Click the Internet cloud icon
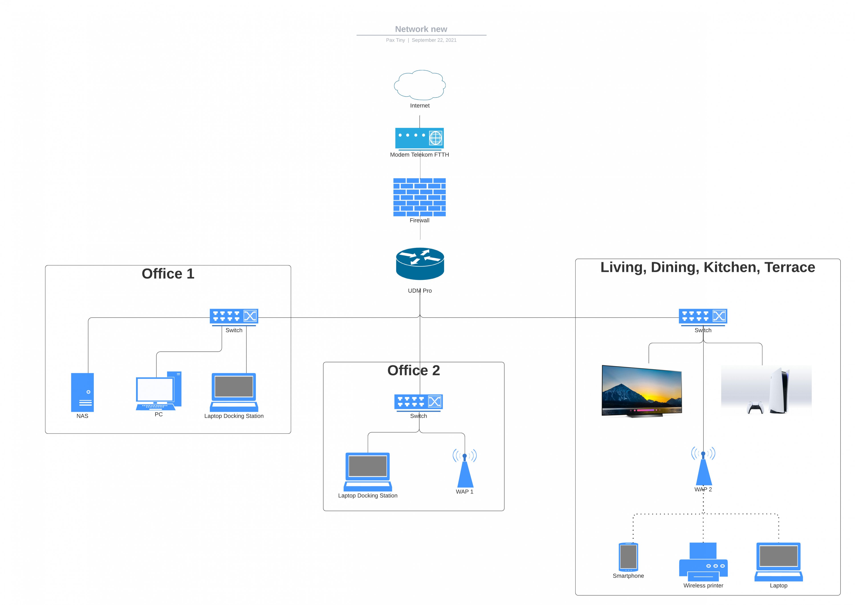click(x=420, y=85)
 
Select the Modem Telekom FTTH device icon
click(x=419, y=138)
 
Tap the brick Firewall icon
click(x=419, y=197)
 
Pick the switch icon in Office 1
click(x=234, y=316)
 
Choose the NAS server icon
click(x=82, y=392)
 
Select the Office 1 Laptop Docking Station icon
click(x=234, y=392)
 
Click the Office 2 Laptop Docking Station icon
click(x=368, y=472)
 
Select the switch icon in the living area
click(x=703, y=316)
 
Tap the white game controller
click(x=755, y=407)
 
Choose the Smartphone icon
click(x=628, y=557)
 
